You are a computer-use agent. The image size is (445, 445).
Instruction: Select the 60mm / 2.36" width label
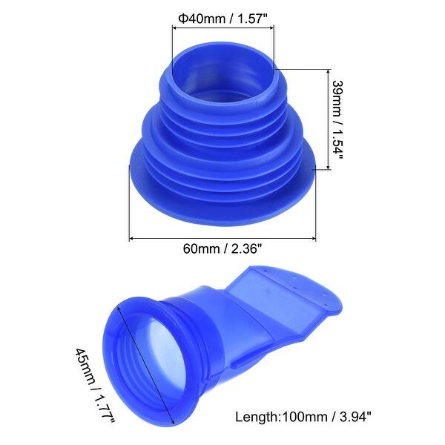pos(223,249)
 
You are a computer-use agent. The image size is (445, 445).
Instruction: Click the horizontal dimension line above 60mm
pos(223,239)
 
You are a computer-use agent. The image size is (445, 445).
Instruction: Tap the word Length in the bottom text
pos(254,417)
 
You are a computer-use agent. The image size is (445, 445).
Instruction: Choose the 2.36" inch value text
pos(247,249)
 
